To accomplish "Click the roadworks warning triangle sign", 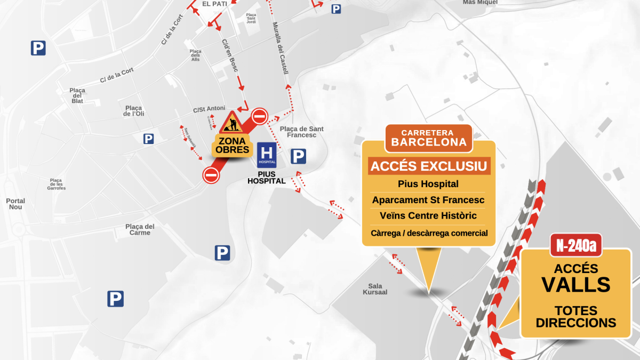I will point(231,123).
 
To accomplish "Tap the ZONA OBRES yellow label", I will point(231,146).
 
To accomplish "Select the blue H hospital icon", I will point(267,154).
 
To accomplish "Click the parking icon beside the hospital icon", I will point(298,156).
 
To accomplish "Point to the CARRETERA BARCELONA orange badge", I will point(429,138).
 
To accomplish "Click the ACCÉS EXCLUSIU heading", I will point(429,166).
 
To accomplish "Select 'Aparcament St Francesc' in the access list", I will point(428,200).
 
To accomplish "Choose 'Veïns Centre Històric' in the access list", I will point(428,216).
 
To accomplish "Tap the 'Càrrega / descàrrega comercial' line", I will point(429,233).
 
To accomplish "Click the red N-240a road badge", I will point(575,245).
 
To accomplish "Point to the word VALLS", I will point(575,285).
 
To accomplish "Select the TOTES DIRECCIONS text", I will point(575,317).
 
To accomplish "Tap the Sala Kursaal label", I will point(375,289).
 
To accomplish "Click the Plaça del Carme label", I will point(140,229).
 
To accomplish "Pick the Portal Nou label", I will point(15,204).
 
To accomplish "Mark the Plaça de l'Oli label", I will point(134,110).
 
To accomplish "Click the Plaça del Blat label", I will point(77,95).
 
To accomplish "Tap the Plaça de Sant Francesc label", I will point(302,132).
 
